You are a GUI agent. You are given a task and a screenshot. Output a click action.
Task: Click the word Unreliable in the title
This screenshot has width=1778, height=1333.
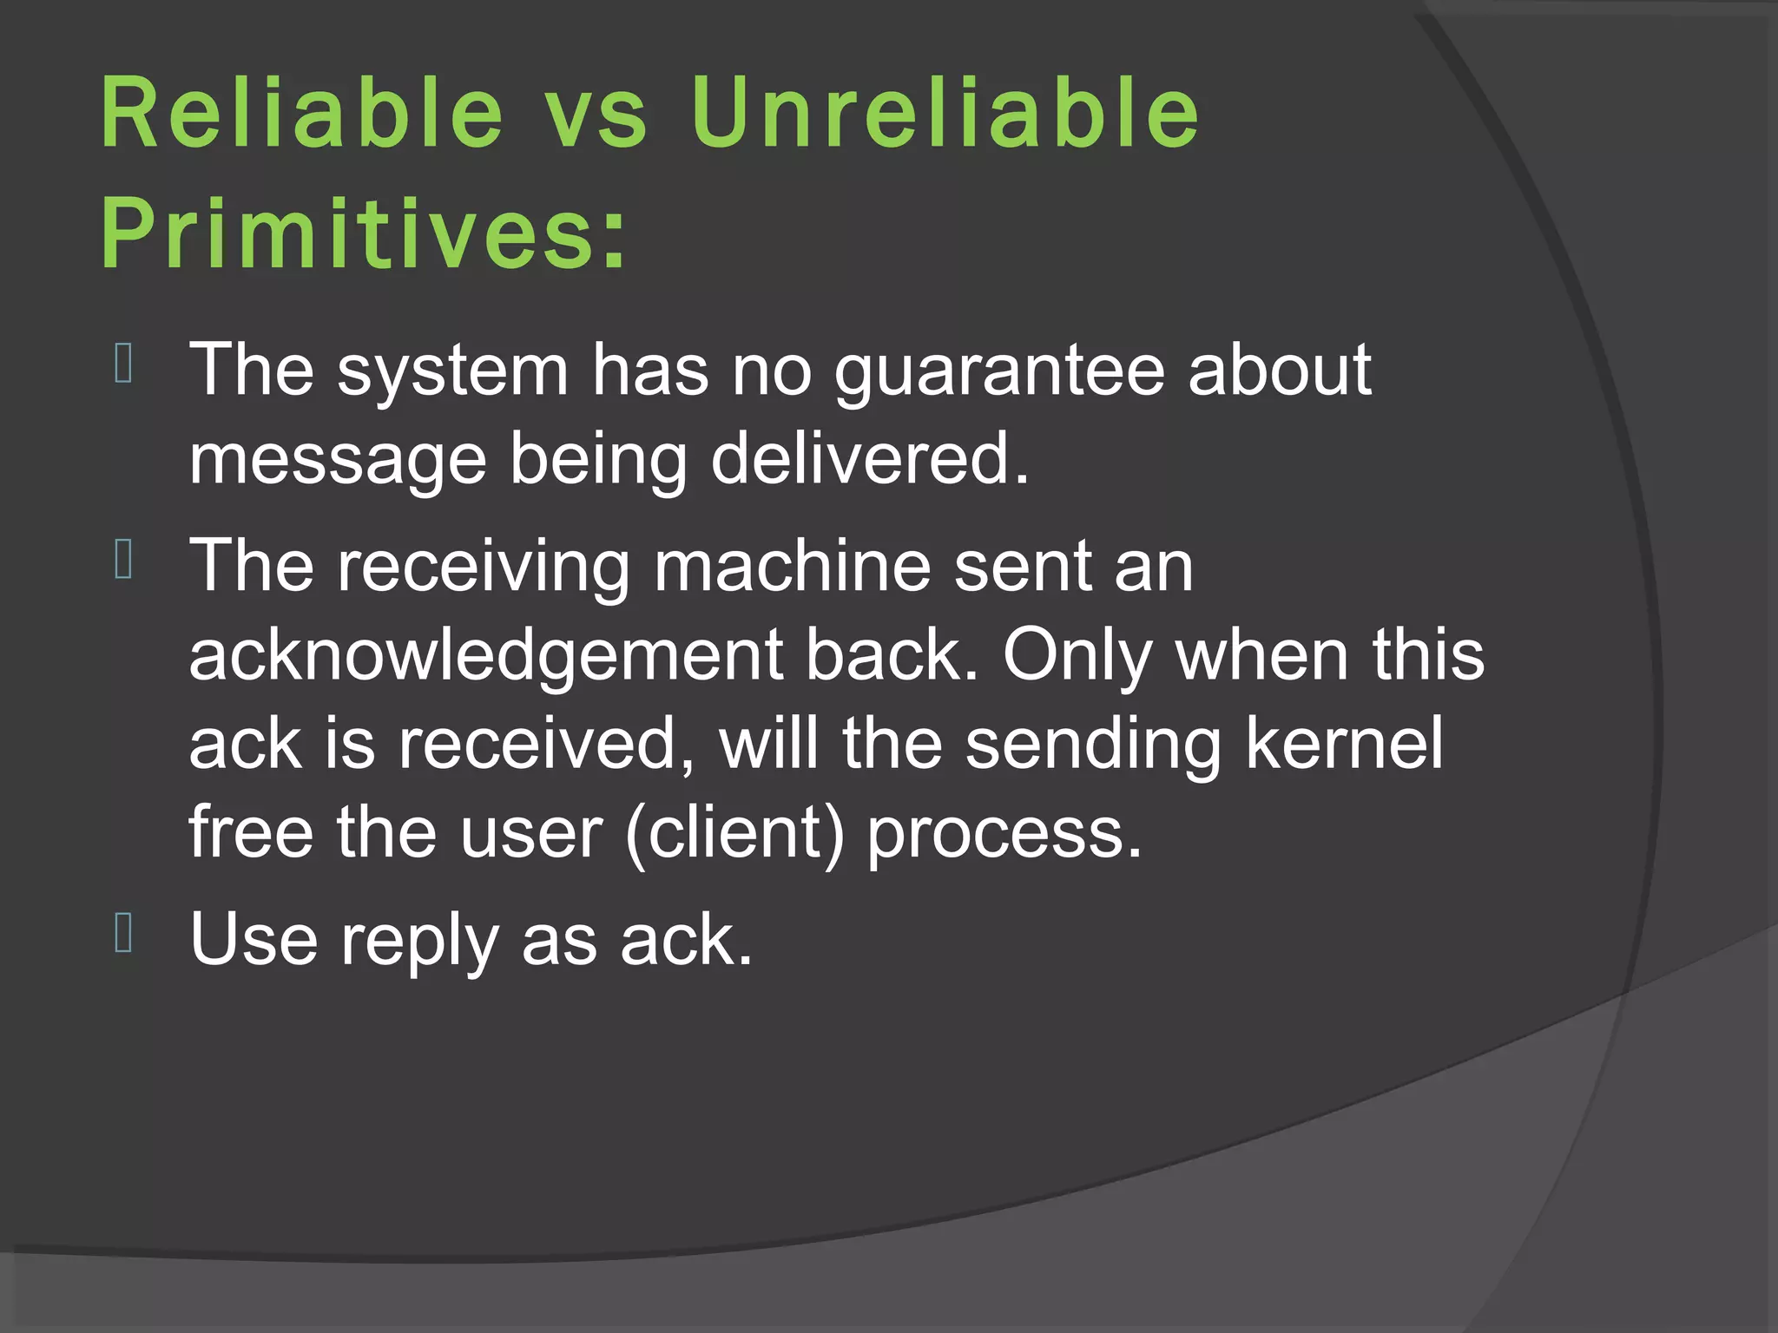pyautogui.click(x=945, y=113)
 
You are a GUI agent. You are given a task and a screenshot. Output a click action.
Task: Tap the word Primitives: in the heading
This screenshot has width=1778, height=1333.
pyautogui.click(x=363, y=233)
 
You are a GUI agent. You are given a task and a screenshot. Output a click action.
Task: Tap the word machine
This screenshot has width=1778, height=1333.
pyautogui.click(x=792, y=566)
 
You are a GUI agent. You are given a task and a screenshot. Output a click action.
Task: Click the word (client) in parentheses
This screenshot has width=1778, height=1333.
pyautogui.click(x=734, y=833)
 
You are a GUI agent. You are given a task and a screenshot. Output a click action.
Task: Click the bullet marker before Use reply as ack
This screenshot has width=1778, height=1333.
pyautogui.click(x=123, y=933)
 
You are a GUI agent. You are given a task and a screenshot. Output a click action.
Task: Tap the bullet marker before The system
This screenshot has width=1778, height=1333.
pyautogui.click(x=123, y=364)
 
